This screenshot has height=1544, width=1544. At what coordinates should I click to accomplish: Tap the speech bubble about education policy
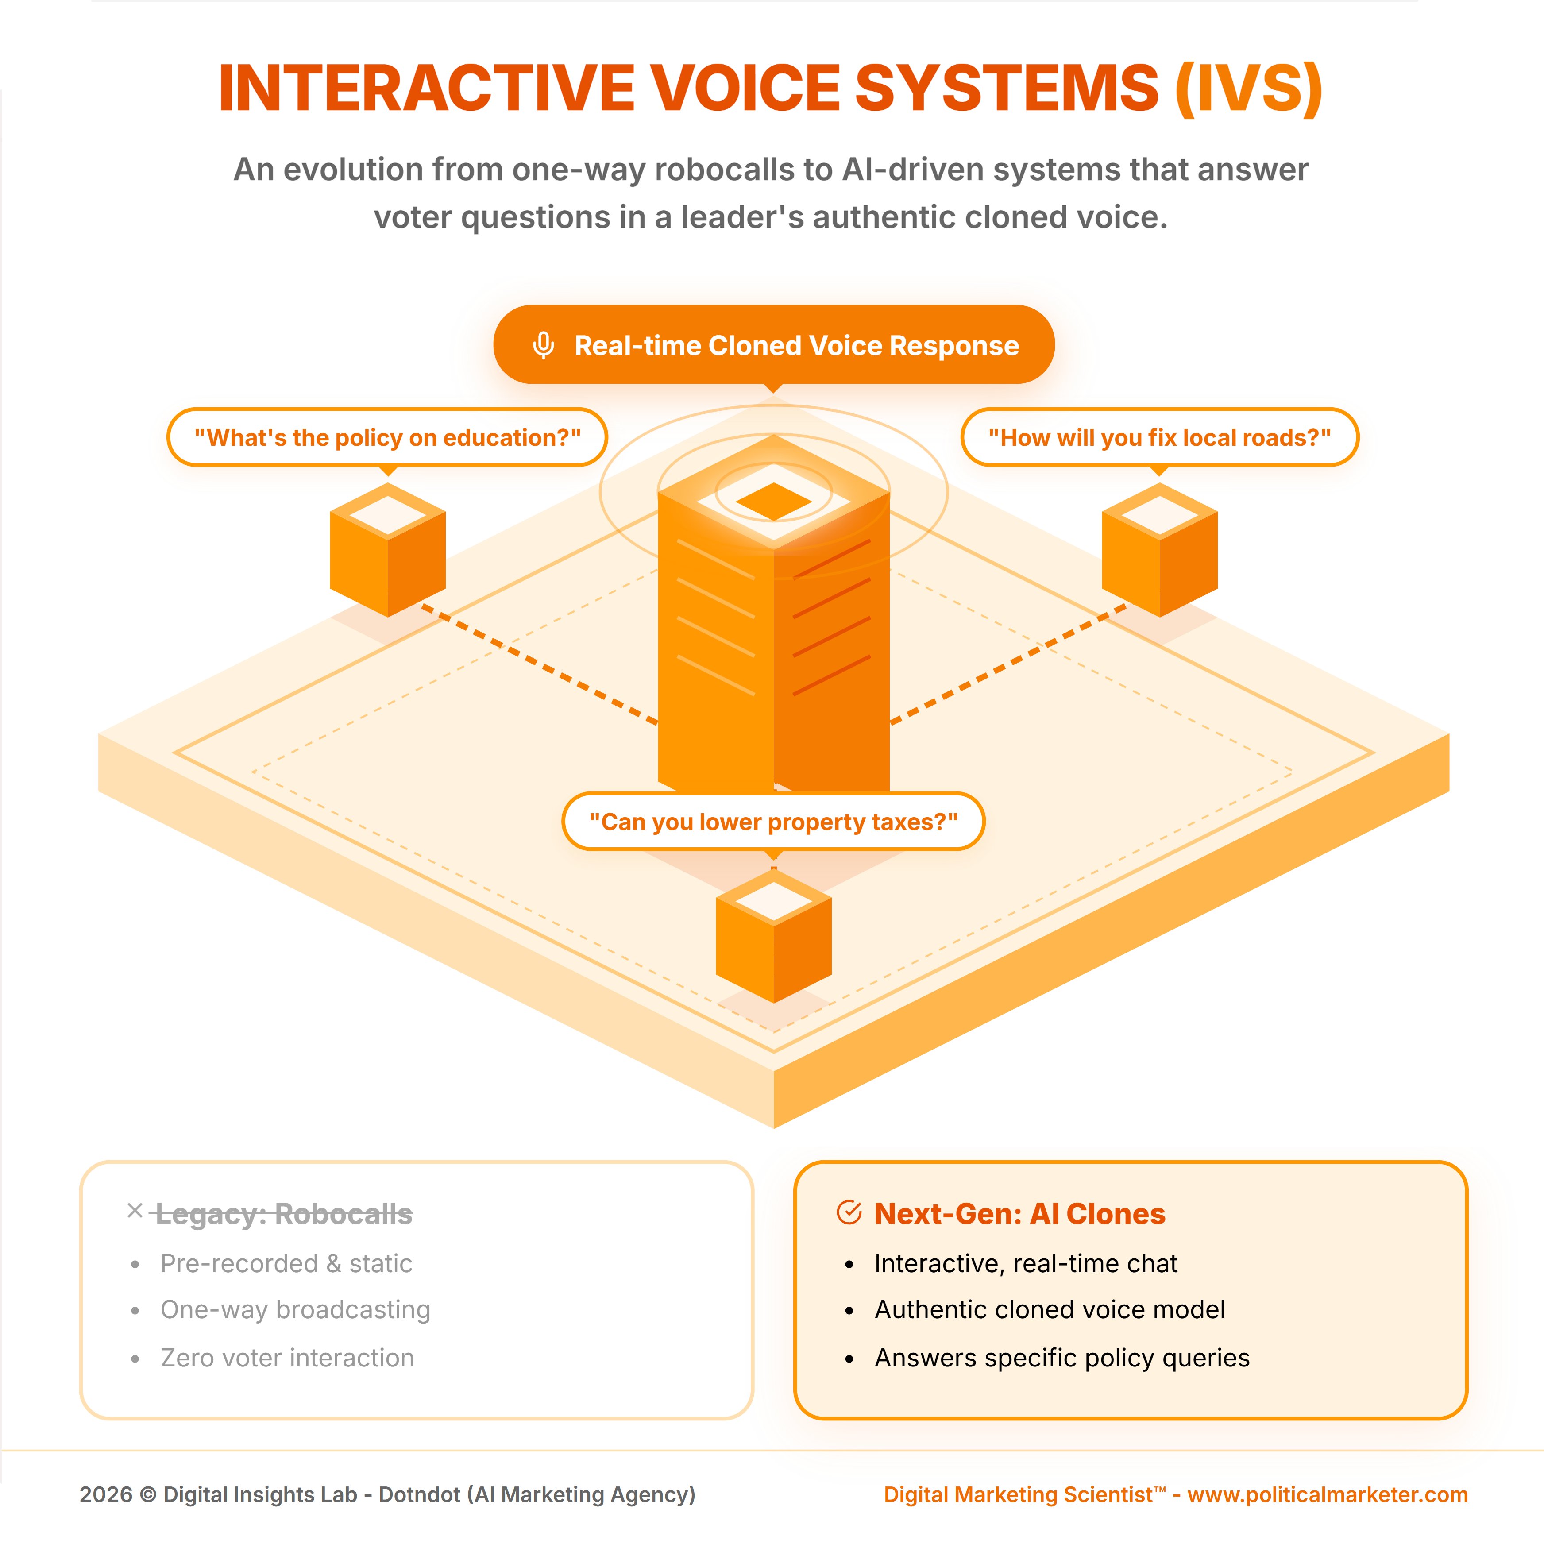click(388, 437)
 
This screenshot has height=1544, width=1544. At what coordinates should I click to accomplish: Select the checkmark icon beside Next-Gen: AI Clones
click(849, 1212)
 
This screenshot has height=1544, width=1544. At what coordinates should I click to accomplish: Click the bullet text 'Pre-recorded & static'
click(286, 1263)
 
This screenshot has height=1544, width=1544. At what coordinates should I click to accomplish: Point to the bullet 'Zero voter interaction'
click(287, 1358)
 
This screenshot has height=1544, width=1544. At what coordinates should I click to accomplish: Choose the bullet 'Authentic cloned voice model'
click(1049, 1310)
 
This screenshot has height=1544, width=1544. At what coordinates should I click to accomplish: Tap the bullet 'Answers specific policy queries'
click(1061, 1358)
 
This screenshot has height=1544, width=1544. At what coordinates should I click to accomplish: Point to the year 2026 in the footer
click(105, 1494)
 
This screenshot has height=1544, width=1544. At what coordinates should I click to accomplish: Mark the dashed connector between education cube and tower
click(540, 665)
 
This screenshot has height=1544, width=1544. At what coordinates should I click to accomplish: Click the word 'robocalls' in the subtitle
click(729, 170)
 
